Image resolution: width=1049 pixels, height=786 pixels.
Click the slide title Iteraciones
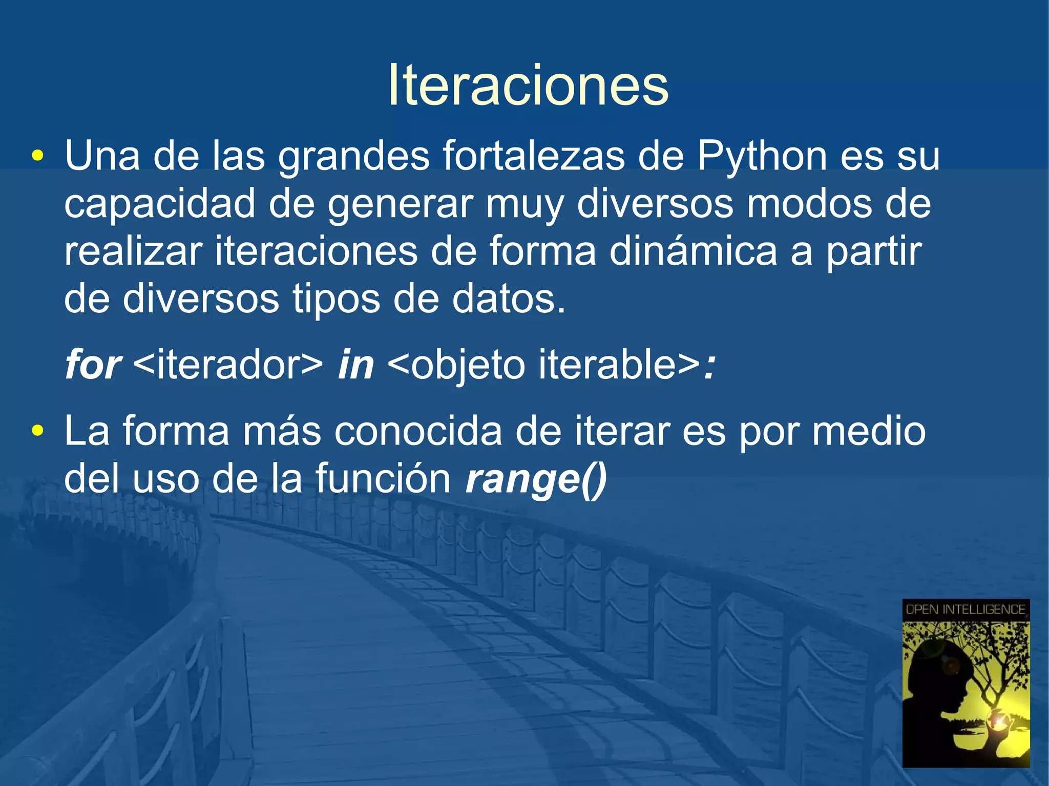coord(528,85)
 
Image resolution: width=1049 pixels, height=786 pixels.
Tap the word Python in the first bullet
coord(762,156)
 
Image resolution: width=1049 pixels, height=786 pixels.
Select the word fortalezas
coord(533,156)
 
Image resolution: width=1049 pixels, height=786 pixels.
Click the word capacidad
coord(159,203)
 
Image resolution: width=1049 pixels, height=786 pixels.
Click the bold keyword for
coord(93,365)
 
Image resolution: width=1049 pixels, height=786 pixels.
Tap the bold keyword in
coord(355,365)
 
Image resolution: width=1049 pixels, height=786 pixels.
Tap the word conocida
coord(418,431)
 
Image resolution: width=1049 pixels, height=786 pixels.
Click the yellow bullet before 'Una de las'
coord(37,156)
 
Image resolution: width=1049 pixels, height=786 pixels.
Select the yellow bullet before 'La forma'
coord(37,431)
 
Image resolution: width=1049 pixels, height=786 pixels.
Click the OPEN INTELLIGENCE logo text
coord(966,609)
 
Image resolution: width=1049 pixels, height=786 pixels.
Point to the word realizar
coord(133,251)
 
